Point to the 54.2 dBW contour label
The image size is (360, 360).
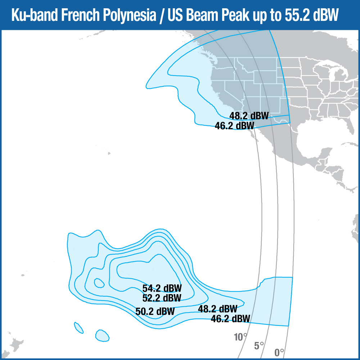162,288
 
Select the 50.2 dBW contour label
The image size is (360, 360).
155,311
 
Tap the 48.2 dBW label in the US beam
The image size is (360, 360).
249,116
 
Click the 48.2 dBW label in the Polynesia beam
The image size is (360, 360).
217,309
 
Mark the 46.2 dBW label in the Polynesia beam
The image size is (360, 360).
230,319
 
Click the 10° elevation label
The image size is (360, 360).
240,337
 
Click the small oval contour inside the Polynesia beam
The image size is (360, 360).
99,283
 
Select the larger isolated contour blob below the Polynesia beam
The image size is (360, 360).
102,335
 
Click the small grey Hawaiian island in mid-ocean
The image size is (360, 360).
109,154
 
